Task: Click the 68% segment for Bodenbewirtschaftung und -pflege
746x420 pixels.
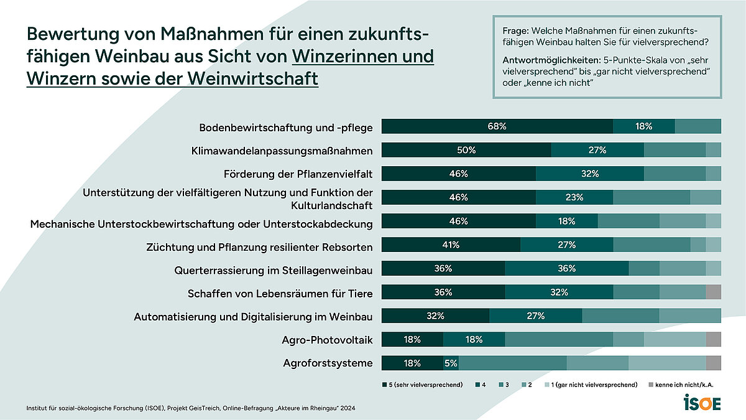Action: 497,126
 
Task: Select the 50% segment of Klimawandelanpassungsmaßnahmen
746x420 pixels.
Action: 466,150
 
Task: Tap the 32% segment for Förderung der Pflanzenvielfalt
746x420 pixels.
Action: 590,174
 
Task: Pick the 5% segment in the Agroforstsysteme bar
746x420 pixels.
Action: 451,363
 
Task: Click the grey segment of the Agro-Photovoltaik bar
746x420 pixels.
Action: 713,340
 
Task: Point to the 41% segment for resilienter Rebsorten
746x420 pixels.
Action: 451,245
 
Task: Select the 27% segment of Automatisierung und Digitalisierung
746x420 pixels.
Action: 535,316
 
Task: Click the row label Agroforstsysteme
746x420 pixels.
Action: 327,363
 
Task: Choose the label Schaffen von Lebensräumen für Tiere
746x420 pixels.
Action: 280,293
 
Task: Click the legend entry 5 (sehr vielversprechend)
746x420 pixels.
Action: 422,385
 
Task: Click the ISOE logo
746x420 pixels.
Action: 702,403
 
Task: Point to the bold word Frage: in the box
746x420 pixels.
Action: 515,30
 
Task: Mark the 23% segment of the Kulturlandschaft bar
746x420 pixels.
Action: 574,197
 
